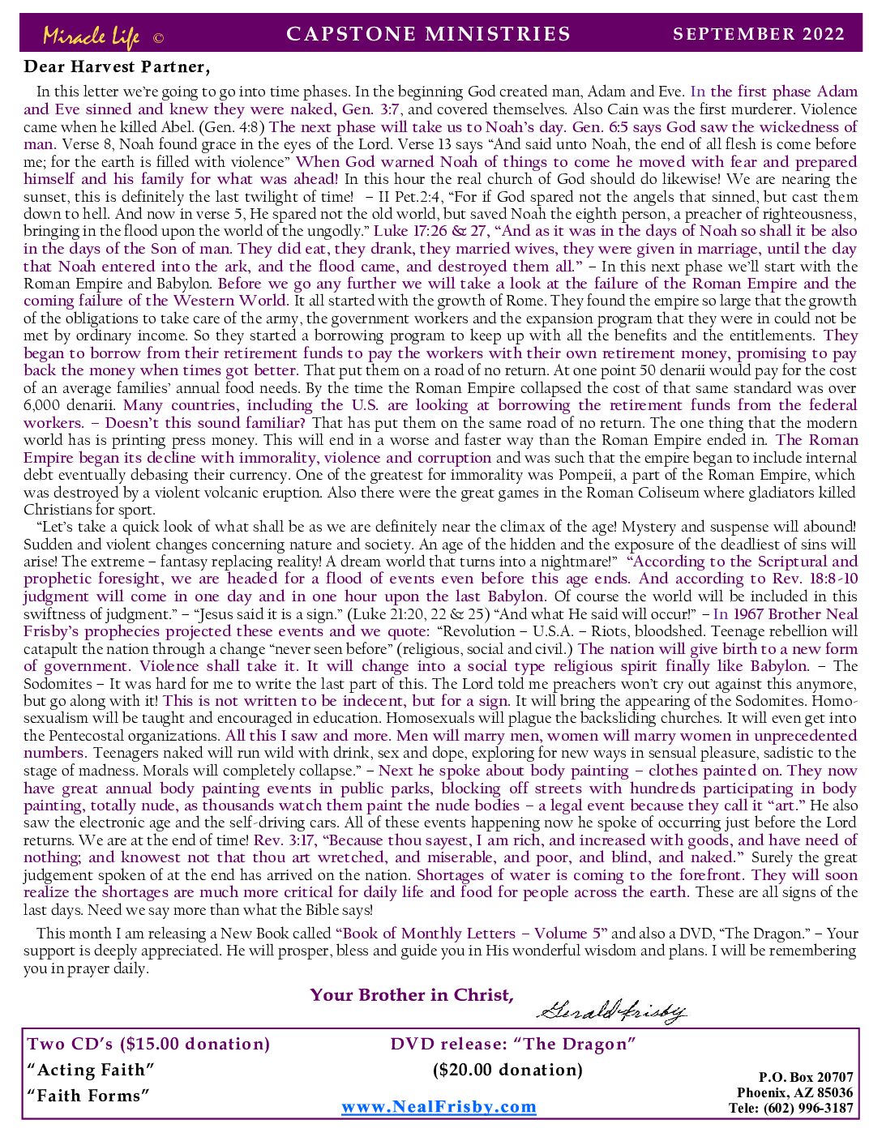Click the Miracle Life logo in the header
coord(91,36)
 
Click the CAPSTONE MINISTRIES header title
coord(428,34)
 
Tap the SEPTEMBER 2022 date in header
coord(759,34)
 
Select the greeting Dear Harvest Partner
coord(117,66)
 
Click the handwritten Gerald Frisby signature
coord(612,1010)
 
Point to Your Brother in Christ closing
coord(412,995)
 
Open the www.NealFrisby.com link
coord(439,1107)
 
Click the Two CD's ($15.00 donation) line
coord(149,1044)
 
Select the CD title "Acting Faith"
coord(91,1070)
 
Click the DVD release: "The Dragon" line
coord(512,1044)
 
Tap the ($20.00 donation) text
coord(507,1070)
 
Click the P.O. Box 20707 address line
coord(806,1077)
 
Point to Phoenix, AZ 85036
coord(794,1092)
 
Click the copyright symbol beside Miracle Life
coord(158,38)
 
